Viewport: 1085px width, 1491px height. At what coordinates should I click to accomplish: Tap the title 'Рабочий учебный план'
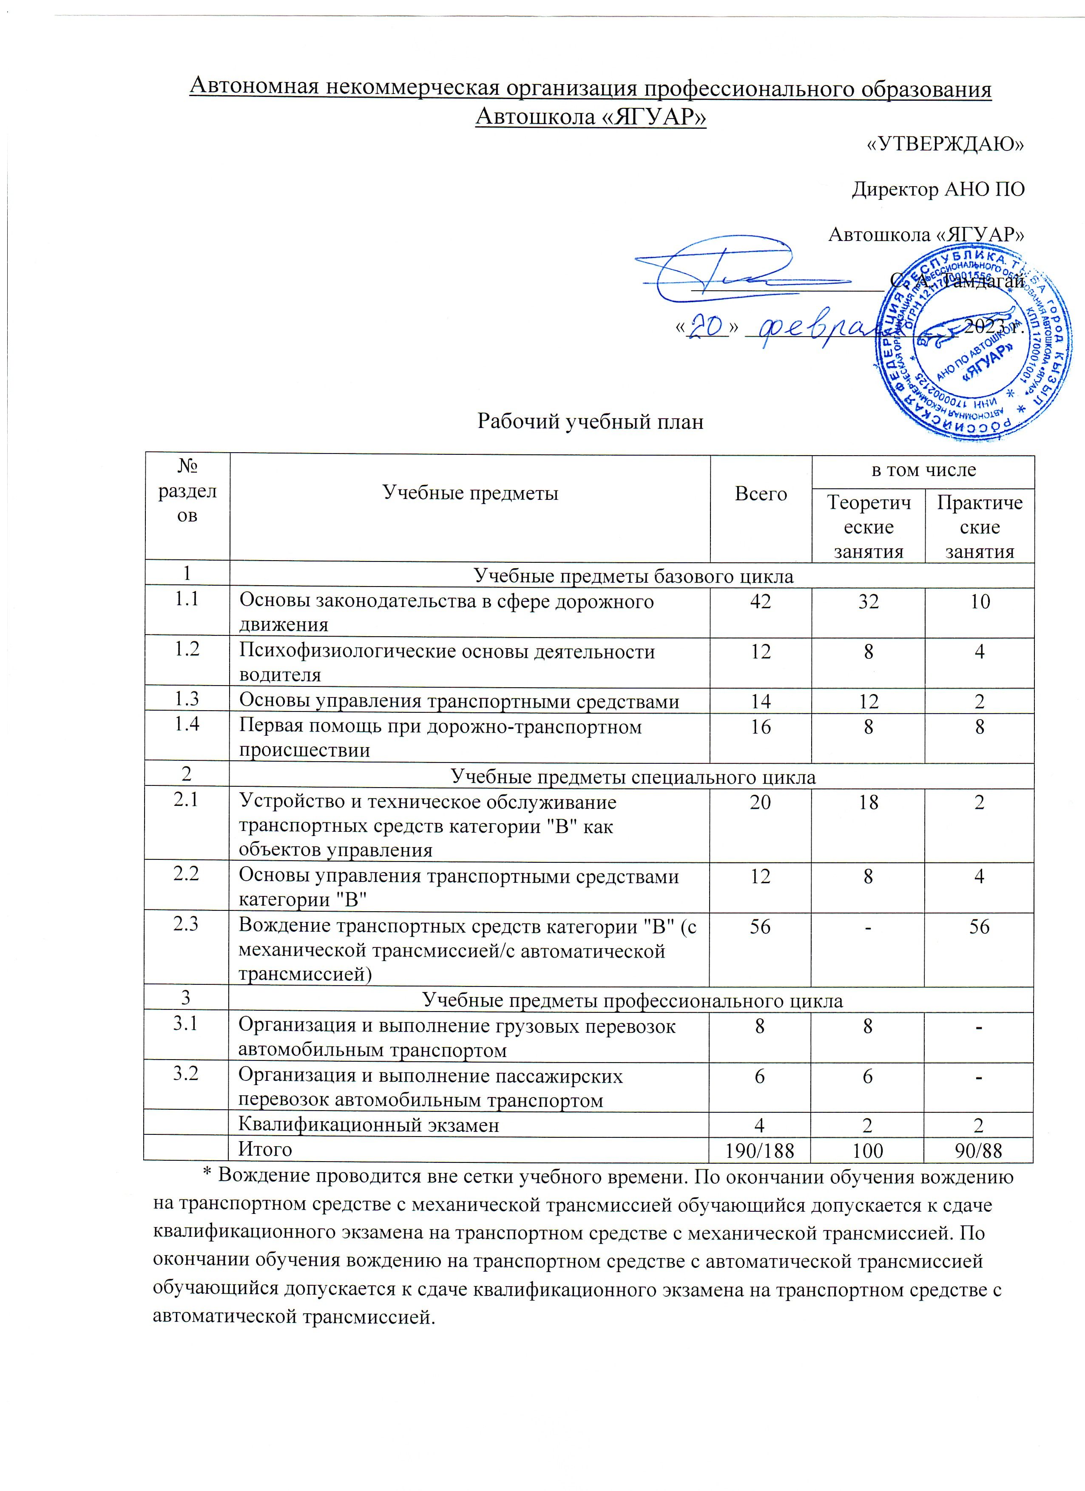tap(590, 421)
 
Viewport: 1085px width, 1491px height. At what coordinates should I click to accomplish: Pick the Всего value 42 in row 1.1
tap(760, 601)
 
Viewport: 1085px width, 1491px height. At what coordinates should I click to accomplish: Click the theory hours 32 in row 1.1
tap(868, 601)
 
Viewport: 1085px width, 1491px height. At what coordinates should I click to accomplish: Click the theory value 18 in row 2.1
tap(868, 802)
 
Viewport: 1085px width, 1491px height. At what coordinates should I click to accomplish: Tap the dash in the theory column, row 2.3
tap(868, 926)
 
